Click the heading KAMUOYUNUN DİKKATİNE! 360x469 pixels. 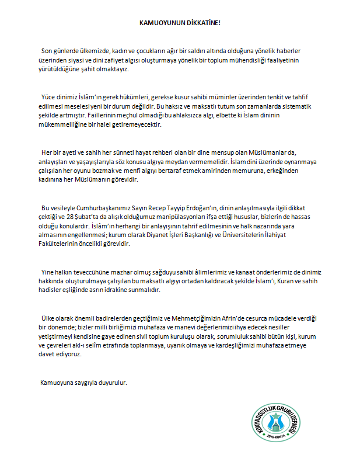[179, 23]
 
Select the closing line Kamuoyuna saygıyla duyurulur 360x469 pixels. [82, 383]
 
